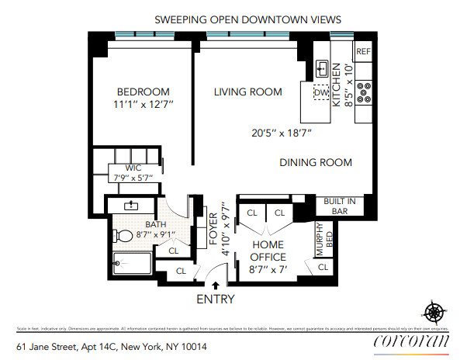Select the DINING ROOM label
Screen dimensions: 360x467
tap(316, 163)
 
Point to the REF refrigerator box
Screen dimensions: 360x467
tap(363, 52)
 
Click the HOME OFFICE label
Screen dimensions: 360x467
tap(269, 251)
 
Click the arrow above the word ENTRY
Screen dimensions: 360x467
tap(215, 286)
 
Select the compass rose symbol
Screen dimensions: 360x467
tap(435, 313)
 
